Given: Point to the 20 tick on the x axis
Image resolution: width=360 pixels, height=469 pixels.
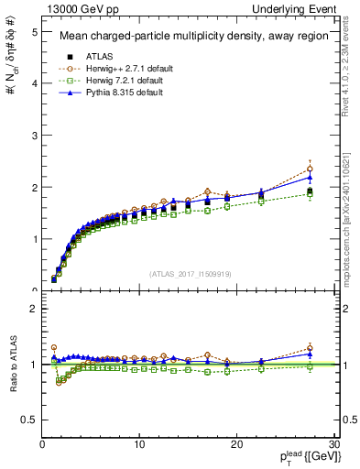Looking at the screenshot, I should pyautogui.click(x=236, y=444).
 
